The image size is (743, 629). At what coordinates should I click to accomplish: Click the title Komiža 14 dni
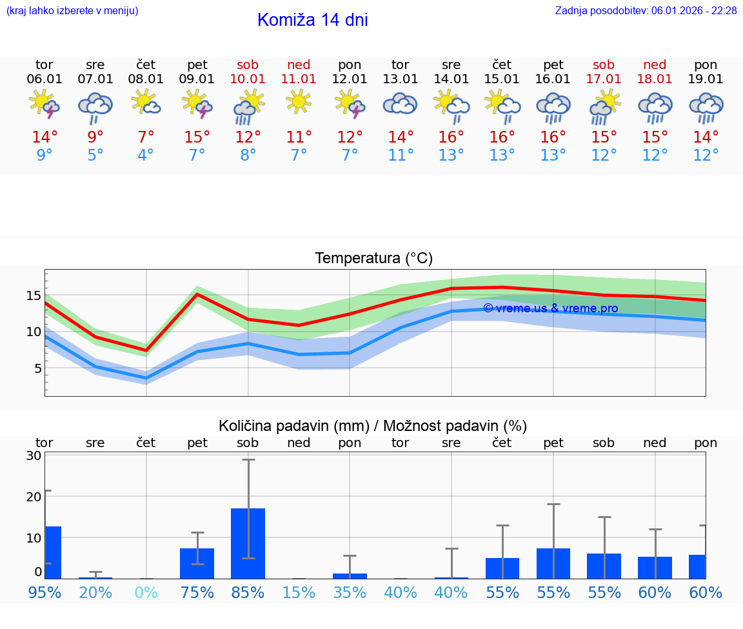[312, 20]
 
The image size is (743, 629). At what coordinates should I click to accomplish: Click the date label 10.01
[248, 79]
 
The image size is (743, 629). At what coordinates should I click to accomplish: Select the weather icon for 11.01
[299, 101]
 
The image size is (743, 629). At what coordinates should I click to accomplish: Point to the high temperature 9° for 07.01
[95, 137]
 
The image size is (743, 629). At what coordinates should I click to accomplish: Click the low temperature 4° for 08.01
[146, 155]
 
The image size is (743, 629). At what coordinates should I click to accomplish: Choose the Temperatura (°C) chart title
[373, 259]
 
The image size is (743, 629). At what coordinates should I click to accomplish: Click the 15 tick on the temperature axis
[34, 295]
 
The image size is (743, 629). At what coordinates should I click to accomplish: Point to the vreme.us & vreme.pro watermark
[550, 308]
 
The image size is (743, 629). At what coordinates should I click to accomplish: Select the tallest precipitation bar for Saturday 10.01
[248, 543]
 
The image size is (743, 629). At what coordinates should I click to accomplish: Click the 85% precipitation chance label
[248, 592]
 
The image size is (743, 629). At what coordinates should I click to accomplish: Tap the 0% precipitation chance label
[146, 592]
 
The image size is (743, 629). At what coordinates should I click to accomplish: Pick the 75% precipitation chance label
[197, 592]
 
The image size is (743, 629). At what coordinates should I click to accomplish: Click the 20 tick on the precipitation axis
[34, 497]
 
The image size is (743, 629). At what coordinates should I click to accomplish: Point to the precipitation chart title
[373, 426]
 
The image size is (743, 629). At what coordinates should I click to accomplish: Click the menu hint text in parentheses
[72, 10]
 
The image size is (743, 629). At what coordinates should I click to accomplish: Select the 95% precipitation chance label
[45, 592]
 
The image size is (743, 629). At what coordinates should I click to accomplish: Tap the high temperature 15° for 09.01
[197, 137]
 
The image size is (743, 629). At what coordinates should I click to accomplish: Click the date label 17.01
[604, 79]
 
